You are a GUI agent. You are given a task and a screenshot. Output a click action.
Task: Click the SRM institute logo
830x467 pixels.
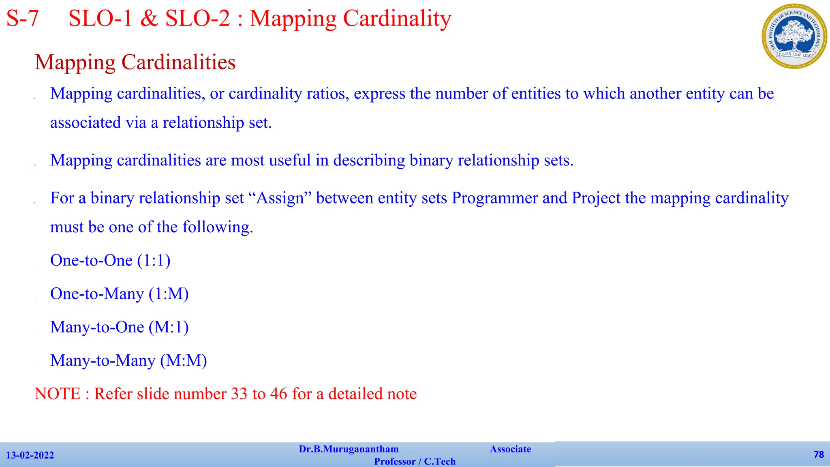(x=794, y=36)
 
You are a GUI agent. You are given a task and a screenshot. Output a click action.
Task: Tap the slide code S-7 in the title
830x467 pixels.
(x=23, y=19)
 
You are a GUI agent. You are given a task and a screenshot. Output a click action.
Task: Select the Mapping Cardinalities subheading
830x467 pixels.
(x=135, y=62)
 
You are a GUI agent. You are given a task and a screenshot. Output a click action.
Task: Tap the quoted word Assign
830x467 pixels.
(x=280, y=198)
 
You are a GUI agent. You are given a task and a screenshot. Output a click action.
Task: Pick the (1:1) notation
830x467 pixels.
(x=154, y=260)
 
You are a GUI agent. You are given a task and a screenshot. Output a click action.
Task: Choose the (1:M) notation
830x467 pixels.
(x=169, y=294)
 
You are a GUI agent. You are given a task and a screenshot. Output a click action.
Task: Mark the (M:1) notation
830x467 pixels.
(x=169, y=327)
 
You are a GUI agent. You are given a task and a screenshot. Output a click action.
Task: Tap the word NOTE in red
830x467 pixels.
(x=58, y=394)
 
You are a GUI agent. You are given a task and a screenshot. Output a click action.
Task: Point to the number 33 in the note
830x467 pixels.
(x=239, y=394)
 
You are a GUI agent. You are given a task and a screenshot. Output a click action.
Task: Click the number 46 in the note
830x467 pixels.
(x=278, y=394)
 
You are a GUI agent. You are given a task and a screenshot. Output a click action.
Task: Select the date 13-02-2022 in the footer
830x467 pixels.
(x=30, y=455)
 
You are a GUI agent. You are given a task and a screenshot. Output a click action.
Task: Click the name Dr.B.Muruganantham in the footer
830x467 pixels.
(x=349, y=449)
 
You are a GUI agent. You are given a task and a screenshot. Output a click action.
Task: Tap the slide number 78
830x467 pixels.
(x=819, y=454)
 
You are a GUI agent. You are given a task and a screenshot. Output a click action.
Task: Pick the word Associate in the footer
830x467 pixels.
(x=510, y=449)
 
